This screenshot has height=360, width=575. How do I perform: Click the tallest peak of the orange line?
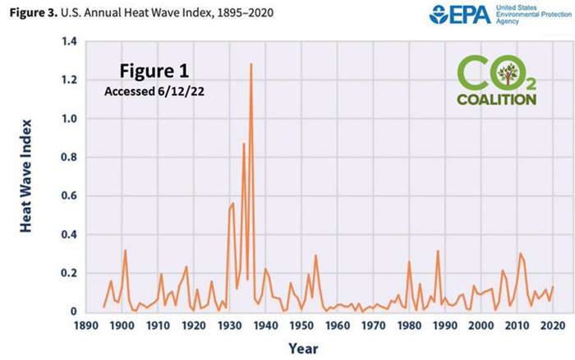251,63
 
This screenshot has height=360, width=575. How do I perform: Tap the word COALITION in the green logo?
498,99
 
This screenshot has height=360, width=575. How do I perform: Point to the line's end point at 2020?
553,287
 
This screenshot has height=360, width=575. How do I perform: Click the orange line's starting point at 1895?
103,307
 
